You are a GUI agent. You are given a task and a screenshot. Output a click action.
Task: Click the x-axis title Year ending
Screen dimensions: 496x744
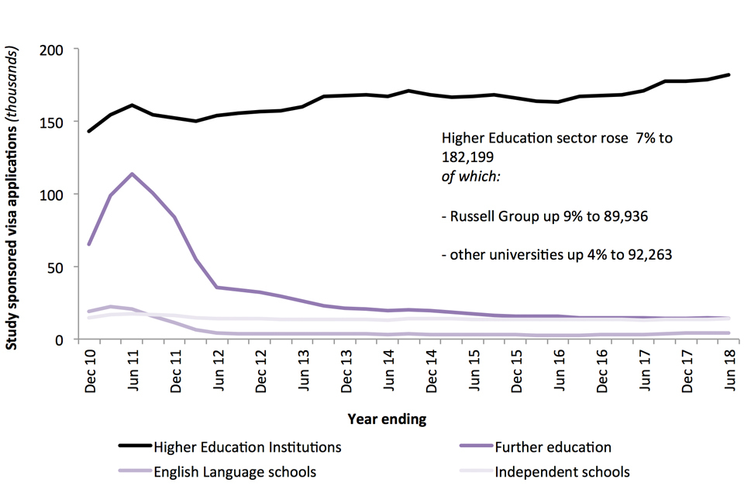pos(386,419)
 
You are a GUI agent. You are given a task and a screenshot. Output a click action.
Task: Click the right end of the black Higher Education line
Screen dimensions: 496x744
pos(728,74)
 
